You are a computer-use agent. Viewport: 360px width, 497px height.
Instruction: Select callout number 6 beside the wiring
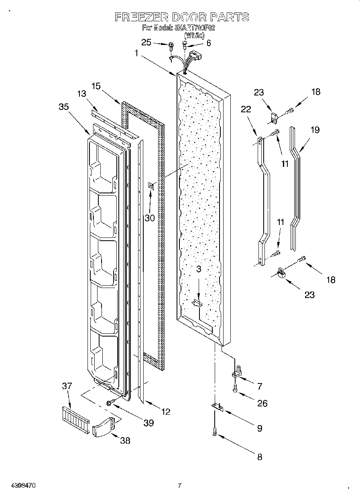tap(208, 43)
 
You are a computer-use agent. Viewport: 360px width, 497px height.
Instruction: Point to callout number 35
tap(63, 107)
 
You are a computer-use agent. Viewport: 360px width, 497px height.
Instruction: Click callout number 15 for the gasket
tap(96, 86)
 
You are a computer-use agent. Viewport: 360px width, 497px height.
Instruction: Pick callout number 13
tap(81, 93)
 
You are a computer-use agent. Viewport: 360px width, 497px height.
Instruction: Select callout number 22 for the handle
tap(246, 109)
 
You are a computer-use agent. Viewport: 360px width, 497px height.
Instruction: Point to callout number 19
tap(315, 130)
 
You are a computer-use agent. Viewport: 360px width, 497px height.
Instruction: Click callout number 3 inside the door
tap(198, 270)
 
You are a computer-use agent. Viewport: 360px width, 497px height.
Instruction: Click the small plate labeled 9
tap(217, 407)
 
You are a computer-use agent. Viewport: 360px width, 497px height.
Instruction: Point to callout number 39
tap(148, 423)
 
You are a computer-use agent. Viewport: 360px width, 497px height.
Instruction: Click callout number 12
tap(165, 411)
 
